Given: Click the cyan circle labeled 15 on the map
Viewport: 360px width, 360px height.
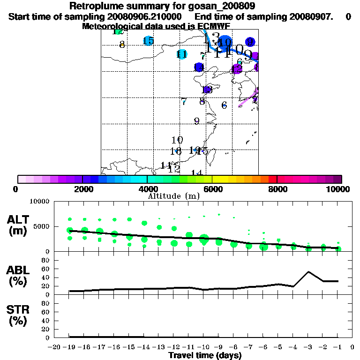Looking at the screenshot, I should (x=148, y=41).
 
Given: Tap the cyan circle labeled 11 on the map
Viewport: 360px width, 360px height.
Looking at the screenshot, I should (x=182, y=54).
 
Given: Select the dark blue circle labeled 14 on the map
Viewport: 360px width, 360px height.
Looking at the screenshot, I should (x=199, y=67).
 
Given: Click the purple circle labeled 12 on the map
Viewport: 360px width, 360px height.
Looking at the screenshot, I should (x=237, y=69).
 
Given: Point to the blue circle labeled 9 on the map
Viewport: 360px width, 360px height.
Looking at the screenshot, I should (x=250, y=42).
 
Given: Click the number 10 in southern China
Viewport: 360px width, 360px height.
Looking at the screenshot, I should (x=177, y=140).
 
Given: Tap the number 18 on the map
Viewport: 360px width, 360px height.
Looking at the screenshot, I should (x=176, y=151).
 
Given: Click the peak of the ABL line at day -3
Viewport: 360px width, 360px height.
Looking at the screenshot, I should (x=308, y=271).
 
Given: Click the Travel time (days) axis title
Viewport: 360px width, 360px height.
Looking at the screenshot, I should (x=205, y=355).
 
